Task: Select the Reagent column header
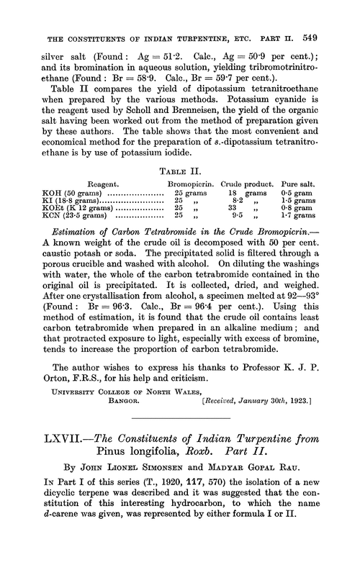point(104,184)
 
